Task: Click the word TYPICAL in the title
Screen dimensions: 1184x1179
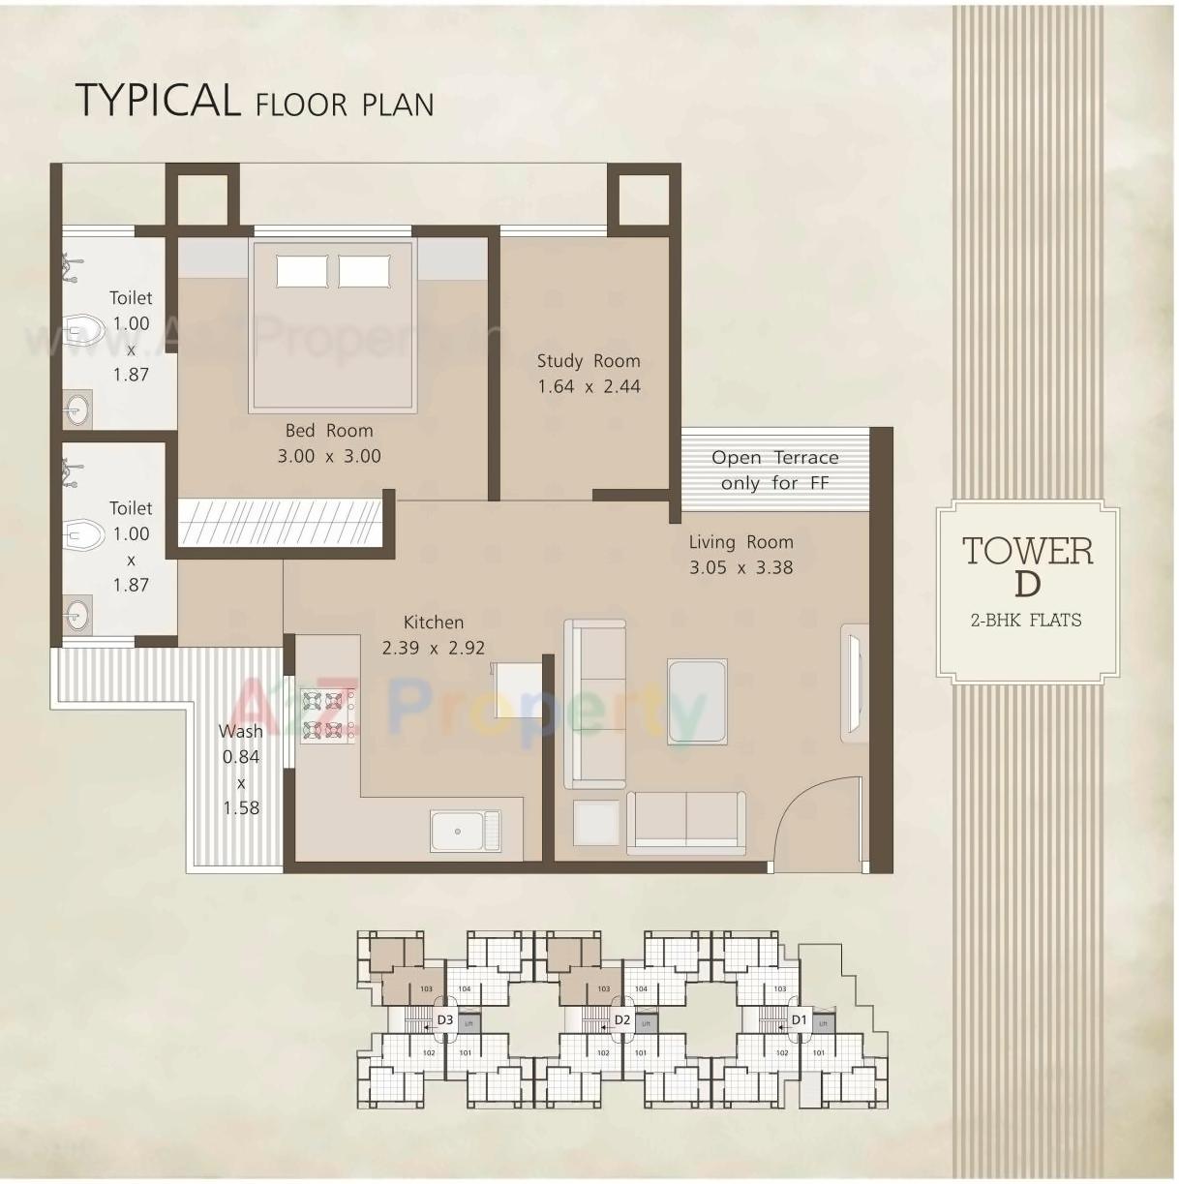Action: point(157,101)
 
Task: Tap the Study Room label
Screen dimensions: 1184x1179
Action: point(589,361)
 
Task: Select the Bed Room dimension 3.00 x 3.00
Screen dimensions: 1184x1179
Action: point(329,456)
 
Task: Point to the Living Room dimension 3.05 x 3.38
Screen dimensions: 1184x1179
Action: point(741,568)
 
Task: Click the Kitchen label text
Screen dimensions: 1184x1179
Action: point(434,622)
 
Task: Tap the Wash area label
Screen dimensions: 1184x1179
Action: point(240,732)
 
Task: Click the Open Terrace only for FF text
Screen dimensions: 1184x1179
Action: point(774,471)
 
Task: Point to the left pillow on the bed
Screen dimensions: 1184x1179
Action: point(302,271)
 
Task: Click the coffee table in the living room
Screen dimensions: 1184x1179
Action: point(697,701)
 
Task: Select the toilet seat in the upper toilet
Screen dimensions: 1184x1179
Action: point(85,330)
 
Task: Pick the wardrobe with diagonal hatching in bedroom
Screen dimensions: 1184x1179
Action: point(281,523)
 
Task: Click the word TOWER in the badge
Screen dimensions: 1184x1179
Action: point(1027,551)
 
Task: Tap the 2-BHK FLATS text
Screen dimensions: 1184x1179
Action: point(1026,621)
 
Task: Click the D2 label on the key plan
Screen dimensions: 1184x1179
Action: point(621,1020)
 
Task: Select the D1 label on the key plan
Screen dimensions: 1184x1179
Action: point(799,1020)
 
